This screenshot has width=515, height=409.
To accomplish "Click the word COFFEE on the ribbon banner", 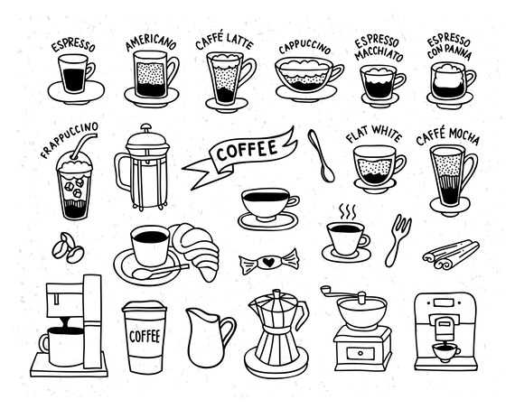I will point(246,149).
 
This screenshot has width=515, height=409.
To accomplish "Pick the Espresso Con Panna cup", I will point(448,83).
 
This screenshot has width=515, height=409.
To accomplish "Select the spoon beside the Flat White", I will point(320,154).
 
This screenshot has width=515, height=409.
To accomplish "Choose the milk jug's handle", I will point(229,330).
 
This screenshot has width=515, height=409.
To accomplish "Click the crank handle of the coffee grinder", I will point(344,294).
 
